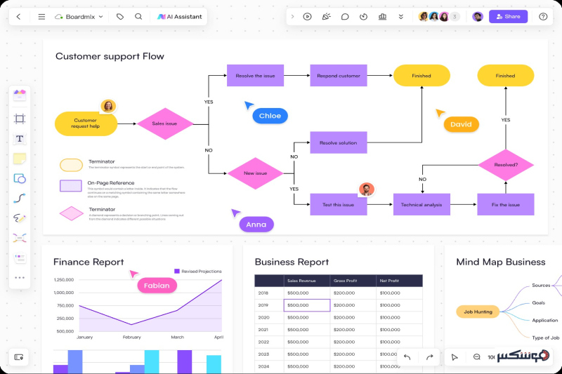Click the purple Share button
[508, 16]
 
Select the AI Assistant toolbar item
[180, 16]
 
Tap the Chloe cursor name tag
[270, 116]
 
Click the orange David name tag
[461, 124]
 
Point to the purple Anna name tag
[256, 225]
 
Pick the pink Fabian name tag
[157, 286]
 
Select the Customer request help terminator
[86, 123]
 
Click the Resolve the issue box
[255, 76]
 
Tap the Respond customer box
[338, 76]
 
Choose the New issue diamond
[255, 173]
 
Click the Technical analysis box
[421, 204]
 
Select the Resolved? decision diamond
[506, 165]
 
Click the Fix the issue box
[506, 204]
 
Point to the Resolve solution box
[338, 142]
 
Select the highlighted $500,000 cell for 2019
[307, 305]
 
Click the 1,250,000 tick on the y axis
[64, 280]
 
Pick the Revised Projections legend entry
[198, 271]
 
